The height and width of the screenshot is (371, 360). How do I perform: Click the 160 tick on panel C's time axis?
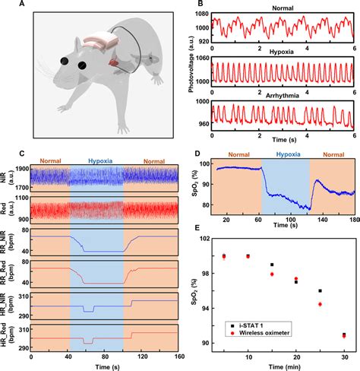tap(178, 357)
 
